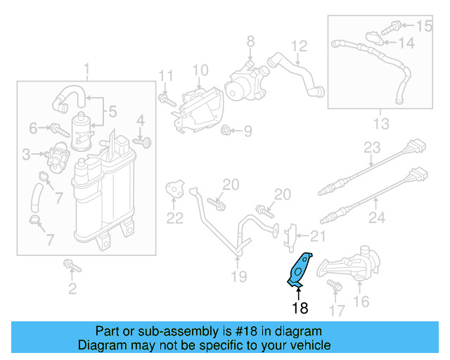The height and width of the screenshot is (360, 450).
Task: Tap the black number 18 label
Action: pos(300,307)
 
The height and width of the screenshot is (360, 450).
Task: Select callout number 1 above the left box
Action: pos(87,70)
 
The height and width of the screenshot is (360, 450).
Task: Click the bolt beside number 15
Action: pos(395,27)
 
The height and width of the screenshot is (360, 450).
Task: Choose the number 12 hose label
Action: pos(300,46)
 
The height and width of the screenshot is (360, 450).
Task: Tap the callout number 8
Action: pos(250,44)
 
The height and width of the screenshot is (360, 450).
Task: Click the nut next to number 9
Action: pos(227,130)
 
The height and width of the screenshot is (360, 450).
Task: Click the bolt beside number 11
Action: pos(166,101)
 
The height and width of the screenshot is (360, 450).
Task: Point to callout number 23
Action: pos(371,148)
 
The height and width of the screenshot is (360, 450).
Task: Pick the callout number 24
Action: pos(377,218)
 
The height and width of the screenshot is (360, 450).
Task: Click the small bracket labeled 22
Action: pos(175,189)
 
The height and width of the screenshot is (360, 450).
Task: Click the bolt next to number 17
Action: pos(333,285)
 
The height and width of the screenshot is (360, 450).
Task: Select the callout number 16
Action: pos(361,302)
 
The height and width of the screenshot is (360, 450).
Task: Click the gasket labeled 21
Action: pos(290,236)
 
